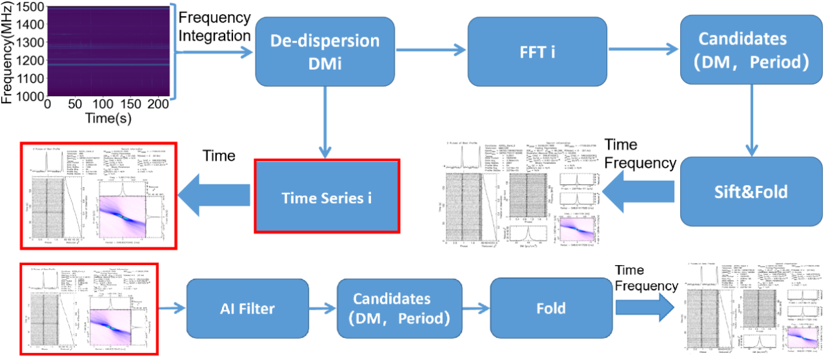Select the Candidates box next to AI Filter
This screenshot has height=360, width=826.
(392, 308)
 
